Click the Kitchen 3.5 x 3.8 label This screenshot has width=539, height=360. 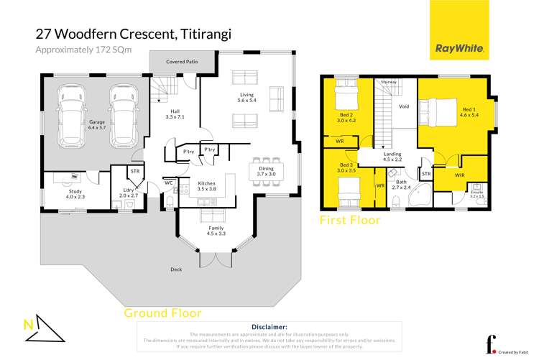(x=206, y=187)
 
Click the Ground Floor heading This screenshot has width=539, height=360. (x=162, y=313)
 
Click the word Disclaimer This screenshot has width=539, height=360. (x=267, y=327)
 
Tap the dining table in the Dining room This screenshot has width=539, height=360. (x=271, y=170)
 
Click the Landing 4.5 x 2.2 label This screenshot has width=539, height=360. (x=392, y=157)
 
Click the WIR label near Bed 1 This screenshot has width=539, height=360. (x=460, y=175)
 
